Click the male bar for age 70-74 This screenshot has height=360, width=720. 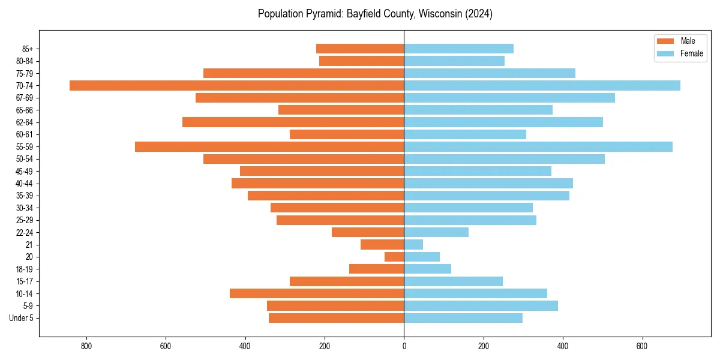236,86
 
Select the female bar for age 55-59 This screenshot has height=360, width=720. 538,147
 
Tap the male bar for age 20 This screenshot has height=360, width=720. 394,257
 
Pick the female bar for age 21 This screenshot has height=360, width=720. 413,245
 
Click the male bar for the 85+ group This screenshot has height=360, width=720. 360,49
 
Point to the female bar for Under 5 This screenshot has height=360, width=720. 463,318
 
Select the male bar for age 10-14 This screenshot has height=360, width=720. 317,293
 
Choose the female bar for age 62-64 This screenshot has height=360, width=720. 503,122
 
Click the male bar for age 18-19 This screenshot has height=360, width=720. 376,269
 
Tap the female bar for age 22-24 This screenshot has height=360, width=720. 436,232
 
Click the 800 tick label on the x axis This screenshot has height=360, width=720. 86,346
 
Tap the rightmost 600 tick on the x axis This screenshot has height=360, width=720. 642,346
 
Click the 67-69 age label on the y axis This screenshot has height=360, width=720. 25,98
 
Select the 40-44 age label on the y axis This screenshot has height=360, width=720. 25,184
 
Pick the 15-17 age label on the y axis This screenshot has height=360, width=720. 25,281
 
